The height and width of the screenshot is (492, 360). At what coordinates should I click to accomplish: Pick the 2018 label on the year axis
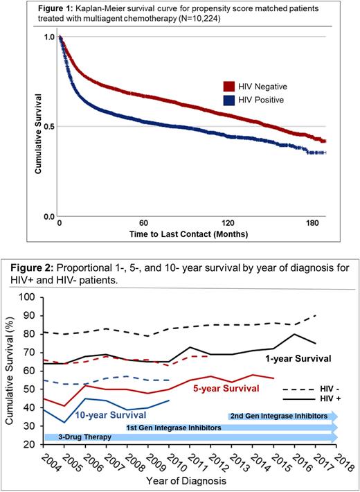tap(338, 460)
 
